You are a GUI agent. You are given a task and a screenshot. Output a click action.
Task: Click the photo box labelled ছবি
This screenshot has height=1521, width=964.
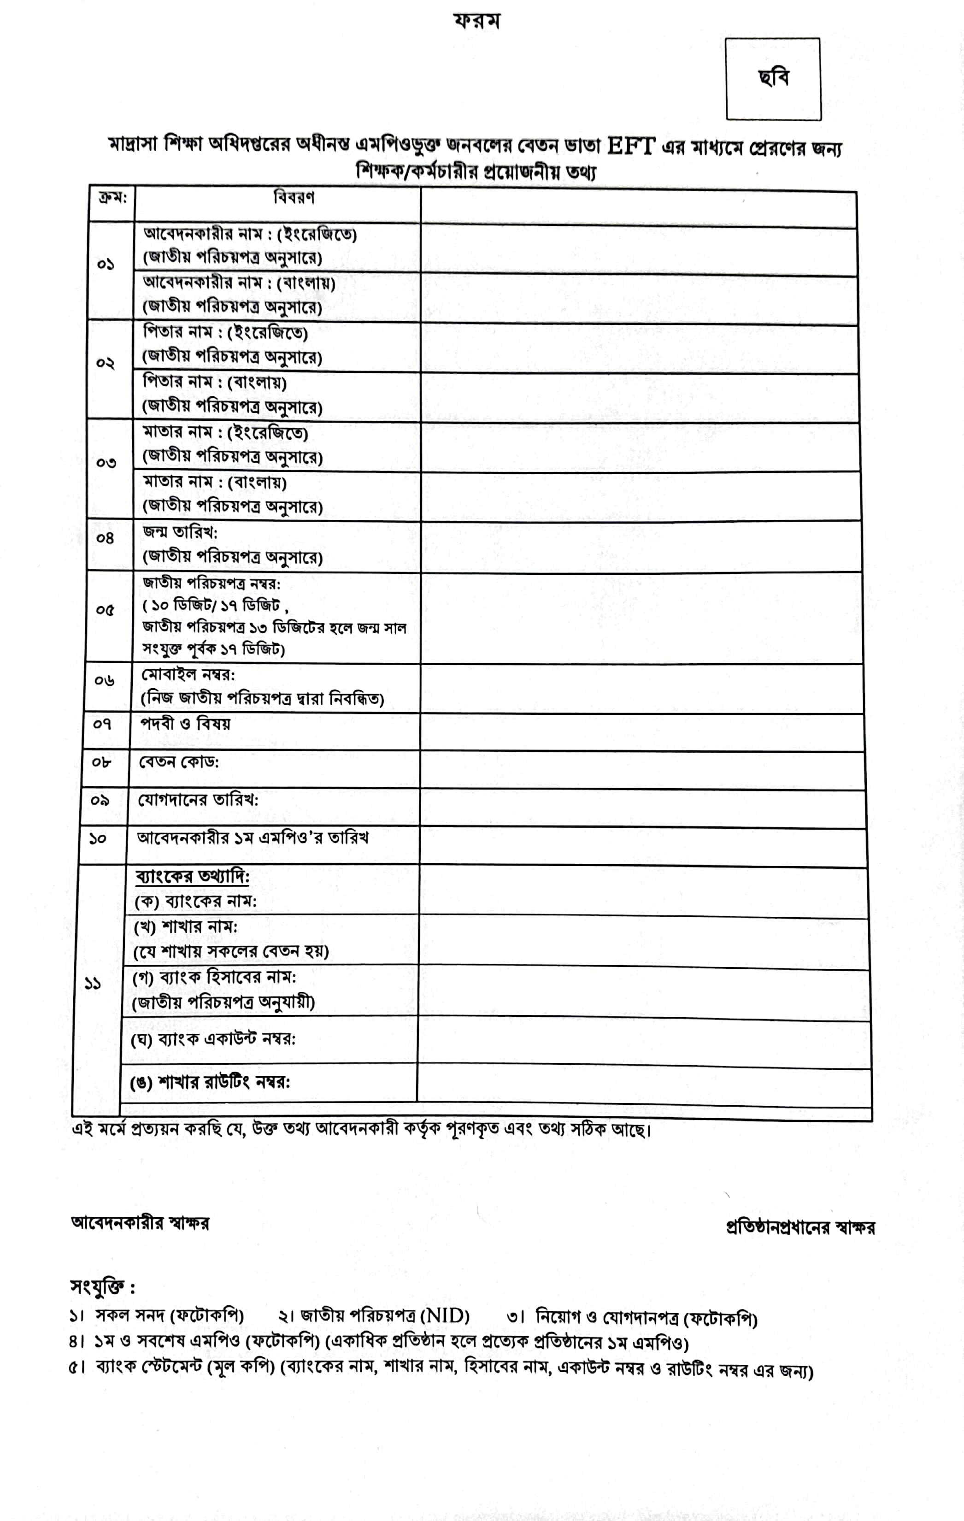click(773, 79)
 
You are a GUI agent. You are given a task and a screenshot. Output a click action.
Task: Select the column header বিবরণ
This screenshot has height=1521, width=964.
click(294, 198)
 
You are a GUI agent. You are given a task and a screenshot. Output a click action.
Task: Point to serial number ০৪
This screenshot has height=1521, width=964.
click(105, 539)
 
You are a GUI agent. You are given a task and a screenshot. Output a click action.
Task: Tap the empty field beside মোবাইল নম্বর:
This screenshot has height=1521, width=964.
click(641, 689)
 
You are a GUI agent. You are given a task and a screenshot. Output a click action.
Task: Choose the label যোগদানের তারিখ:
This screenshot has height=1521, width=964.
click(198, 800)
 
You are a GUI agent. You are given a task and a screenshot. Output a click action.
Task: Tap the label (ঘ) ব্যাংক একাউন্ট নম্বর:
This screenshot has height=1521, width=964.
click(213, 1039)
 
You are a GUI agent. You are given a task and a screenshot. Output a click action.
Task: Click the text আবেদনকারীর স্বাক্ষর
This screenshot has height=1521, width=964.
click(140, 1223)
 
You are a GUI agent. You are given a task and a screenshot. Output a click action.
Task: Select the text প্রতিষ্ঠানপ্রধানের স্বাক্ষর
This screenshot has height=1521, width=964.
click(800, 1227)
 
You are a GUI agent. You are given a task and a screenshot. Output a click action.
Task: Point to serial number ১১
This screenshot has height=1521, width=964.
click(93, 984)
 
